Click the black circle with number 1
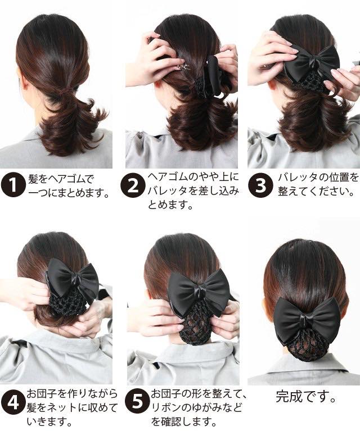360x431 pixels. tap(13, 185)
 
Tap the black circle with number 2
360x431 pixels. tap(133, 185)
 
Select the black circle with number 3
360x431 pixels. tap(260, 185)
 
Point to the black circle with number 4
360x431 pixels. tap(13, 403)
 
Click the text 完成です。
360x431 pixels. tap(306, 397)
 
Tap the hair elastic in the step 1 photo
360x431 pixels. tap(66, 90)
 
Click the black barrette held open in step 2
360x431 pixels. tap(218, 74)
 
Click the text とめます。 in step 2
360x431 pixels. tap(170, 205)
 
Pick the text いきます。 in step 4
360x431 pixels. tap(49, 421)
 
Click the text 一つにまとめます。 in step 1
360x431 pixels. tap(69, 193)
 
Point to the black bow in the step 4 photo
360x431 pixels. tap(72, 279)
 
